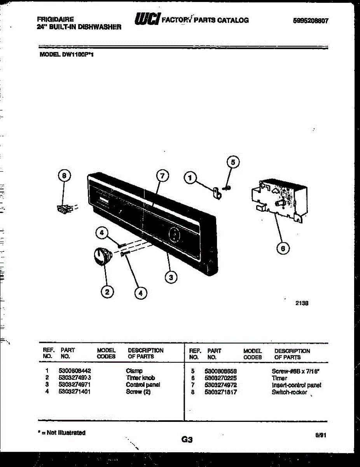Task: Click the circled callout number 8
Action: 65,177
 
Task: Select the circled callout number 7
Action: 163,176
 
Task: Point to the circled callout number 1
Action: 190,178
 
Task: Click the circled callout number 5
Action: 232,162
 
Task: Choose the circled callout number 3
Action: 170,277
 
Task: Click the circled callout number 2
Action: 107,290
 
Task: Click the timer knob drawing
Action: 102,257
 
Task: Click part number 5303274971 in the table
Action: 73,384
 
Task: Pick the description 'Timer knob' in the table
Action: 140,378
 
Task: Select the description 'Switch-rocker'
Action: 289,392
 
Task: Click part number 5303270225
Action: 220,378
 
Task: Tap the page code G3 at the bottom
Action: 187,440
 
